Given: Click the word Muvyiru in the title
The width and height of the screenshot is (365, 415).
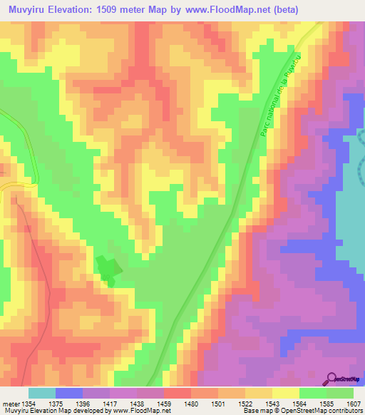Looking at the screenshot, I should pos(29,10).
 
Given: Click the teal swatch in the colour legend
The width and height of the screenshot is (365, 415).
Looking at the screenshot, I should pos(42,393).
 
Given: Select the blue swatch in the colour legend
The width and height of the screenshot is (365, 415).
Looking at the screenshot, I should pos(69,393).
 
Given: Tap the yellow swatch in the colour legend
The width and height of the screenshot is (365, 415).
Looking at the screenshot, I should pos(286,393).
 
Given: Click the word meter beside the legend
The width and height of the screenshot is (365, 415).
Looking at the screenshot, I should pos(10,404).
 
